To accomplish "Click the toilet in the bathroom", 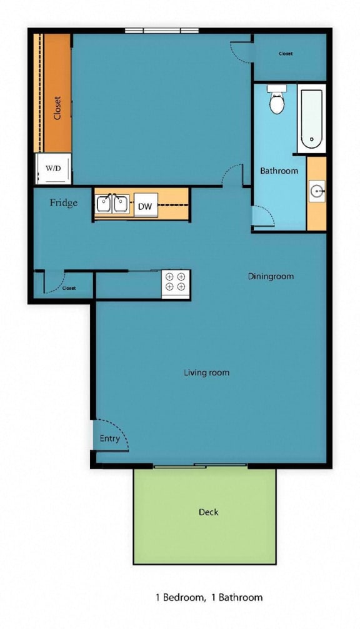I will coord(277,101).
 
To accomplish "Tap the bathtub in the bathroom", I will coord(310,120).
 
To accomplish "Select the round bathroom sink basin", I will coord(317,191).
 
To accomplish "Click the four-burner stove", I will coord(175,282).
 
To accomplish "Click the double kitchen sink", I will coord(112,204).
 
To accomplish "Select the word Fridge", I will coord(64,203).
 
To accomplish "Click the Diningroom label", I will coord(271,276).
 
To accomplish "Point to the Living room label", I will coord(206,373).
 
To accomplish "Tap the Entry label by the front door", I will coord(109,438).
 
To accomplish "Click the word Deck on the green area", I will coord(208,512).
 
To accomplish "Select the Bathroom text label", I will coord(279,171).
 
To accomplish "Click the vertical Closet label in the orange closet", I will coord(57,107).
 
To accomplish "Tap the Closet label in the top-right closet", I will coord(286,54).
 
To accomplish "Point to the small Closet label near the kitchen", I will coord(69,288).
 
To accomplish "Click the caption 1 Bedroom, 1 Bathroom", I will coord(209,597).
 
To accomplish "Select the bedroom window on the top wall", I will coord(161,31).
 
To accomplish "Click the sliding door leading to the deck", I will coord(200,465).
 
